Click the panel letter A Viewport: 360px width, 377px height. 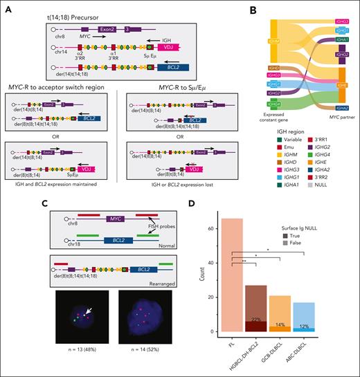[6, 6]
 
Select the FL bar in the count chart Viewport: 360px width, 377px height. [232, 277]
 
